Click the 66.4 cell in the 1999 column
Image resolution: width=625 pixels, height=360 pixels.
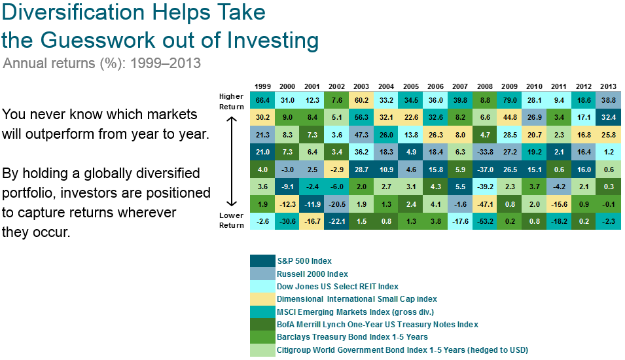pos(262,100)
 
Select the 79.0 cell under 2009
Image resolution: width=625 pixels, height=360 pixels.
pos(509,100)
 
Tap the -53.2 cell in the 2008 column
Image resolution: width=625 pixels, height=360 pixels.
pos(485,221)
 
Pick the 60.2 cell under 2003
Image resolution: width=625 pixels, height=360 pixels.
pos(361,100)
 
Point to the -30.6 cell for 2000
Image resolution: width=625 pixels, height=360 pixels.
pos(287,221)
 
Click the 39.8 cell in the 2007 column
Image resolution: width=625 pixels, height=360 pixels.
pos(460,100)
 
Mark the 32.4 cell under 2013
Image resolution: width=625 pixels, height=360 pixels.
pos(608,117)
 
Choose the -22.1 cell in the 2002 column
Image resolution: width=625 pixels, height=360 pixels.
pos(336,221)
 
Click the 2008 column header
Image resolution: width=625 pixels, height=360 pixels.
pos(485,86)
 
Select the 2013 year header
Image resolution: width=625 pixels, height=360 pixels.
pos(608,86)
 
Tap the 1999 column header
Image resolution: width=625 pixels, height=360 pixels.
pos(262,86)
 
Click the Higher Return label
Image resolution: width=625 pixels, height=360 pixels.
pos(231,101)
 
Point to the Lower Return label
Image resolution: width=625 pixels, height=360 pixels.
pos(231,220)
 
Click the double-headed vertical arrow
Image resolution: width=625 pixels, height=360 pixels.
pos(232,161)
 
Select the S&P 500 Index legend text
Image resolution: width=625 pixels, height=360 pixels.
pos(304,261)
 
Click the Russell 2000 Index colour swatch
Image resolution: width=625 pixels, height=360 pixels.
pos(262,274)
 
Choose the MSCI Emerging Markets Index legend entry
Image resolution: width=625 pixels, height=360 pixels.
pos(355,312)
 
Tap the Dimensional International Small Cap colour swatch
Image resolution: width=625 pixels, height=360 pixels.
pos(262,299)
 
